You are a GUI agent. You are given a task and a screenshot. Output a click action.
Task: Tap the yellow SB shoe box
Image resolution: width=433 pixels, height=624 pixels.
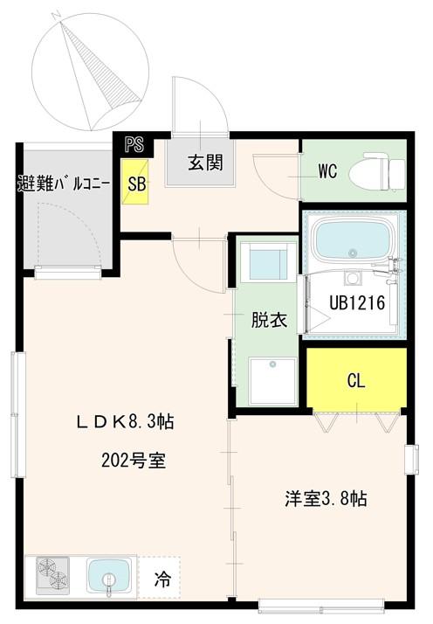click(x=136, y=184)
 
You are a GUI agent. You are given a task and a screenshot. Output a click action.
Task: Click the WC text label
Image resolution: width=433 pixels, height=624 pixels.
click(x=327, y=171)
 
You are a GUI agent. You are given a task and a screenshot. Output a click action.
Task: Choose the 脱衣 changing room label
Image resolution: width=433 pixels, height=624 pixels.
click(x=270, y=320)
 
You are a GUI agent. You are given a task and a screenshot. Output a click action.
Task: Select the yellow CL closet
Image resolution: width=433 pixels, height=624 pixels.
click(x=355, y=380)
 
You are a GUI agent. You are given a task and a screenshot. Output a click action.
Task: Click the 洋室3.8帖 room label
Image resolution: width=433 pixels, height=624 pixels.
click(x=324, y=500)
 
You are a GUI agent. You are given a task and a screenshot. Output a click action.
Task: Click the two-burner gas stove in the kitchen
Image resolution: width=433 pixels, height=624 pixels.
click(x=52, y=578)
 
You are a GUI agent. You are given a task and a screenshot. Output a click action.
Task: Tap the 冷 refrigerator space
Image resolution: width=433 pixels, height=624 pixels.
click(x=162, y=579)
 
